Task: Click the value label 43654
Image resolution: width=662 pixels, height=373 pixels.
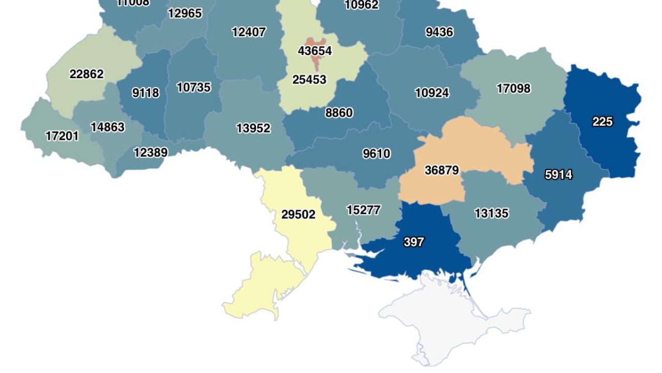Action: (314, 51)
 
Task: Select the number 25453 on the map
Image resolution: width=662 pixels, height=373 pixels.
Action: (309, 79)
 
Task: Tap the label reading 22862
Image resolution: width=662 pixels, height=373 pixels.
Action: (86, 74)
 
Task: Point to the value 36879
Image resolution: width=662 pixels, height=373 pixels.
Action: (442, 170)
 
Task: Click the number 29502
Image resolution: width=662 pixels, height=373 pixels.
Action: (298, 214)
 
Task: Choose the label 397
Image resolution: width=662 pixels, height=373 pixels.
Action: (414, 242)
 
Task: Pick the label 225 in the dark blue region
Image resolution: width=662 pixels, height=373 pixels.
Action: (603, 122)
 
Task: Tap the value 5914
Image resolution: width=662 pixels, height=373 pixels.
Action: (559, 175)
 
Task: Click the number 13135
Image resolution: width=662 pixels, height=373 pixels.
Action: (491, 213)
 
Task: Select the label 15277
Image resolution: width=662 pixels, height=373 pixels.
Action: (364, 210)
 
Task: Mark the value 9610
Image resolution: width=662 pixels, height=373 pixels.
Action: (377, 154)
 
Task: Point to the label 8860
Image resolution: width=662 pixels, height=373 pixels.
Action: (339, 113)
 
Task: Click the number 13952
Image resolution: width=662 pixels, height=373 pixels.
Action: (253, 128)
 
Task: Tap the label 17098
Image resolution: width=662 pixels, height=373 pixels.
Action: (514, 89)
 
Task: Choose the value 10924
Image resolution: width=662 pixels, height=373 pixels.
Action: (432, 93)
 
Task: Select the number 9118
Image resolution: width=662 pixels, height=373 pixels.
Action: (145, 93)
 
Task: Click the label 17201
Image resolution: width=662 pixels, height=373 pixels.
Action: (62, 136)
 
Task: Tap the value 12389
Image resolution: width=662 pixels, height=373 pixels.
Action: (151, 152)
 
